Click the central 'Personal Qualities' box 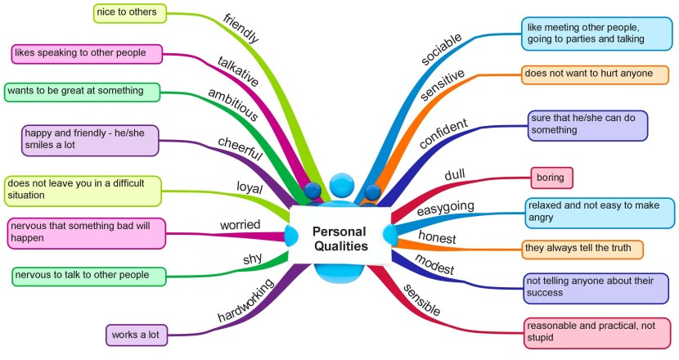tap(339, 238)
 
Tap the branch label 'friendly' tap(241, 28)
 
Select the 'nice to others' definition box tap(129, 12)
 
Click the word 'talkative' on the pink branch tap(238, 72)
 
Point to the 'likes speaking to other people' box tap(85, 53)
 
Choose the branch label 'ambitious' tap(232, 105)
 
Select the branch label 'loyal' tap(249, 188)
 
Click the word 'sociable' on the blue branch tap(441, 50)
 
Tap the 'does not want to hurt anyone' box tap(594, 74)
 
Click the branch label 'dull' tap(454, 174)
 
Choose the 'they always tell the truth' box tap(582, 248)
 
